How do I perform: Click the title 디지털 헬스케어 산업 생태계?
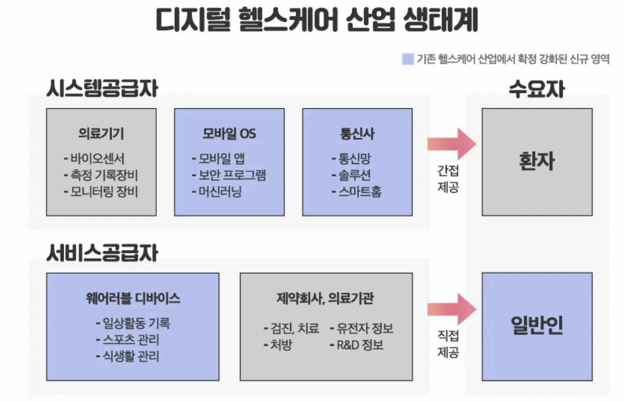(316, 20)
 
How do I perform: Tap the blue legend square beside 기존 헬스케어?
(408, 59)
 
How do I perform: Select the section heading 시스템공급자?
(102, 88)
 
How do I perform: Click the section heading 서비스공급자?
(102, 253)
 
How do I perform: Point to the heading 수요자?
(537, 89)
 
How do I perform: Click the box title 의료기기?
(101, 134)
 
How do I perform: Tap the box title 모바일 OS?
(229, 134)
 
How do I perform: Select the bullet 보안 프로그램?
(232, 175)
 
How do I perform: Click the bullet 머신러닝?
(220, 192)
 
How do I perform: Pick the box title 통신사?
(357, 134)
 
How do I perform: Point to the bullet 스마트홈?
(360, 192)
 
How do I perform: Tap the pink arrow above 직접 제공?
(452, 309)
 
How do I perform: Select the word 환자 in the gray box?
(537, 161)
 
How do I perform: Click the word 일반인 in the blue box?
(537, 326)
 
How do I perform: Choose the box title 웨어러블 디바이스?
(133, 298)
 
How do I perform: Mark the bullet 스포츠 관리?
(131, 339)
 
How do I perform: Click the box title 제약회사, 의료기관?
(325, 298)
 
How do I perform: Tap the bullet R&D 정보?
(360, 345)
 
